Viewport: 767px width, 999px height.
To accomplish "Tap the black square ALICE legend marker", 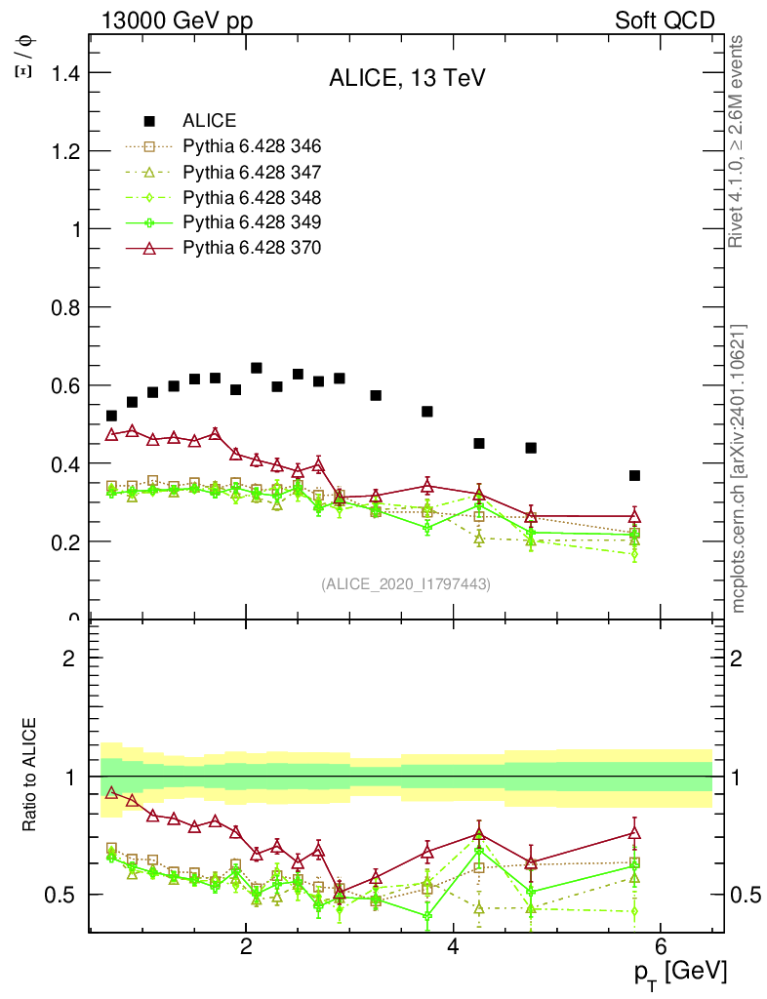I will [x=149, y=121].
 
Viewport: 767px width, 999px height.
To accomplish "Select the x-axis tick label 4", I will [x=453, y=943].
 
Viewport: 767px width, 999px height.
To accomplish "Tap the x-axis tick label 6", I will [x=661, y=943].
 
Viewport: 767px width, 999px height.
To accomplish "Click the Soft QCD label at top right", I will [x=665, y=20].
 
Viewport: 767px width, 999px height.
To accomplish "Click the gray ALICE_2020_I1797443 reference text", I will [x=406, y=583].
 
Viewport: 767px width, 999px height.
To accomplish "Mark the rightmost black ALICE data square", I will [x=634, y=475].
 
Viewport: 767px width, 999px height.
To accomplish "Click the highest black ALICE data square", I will [x=257, y=368].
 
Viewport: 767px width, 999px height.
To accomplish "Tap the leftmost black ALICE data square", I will [x=111, y=416].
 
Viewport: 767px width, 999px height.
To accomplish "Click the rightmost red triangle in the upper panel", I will [x=634, y=516].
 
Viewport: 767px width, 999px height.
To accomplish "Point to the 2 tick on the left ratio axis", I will [x=70, y=658].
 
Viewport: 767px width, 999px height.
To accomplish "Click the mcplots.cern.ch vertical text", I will [x=740, y=468].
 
